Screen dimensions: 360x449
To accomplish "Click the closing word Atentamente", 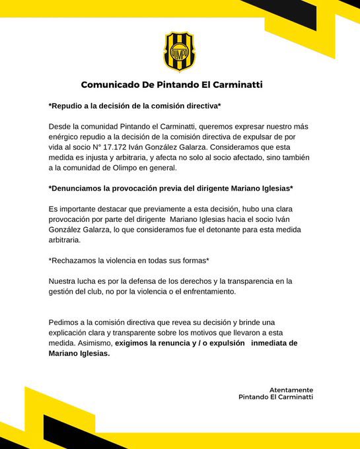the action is [x=291, y=390].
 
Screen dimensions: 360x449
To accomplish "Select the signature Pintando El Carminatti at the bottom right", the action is [x=275, y=397].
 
